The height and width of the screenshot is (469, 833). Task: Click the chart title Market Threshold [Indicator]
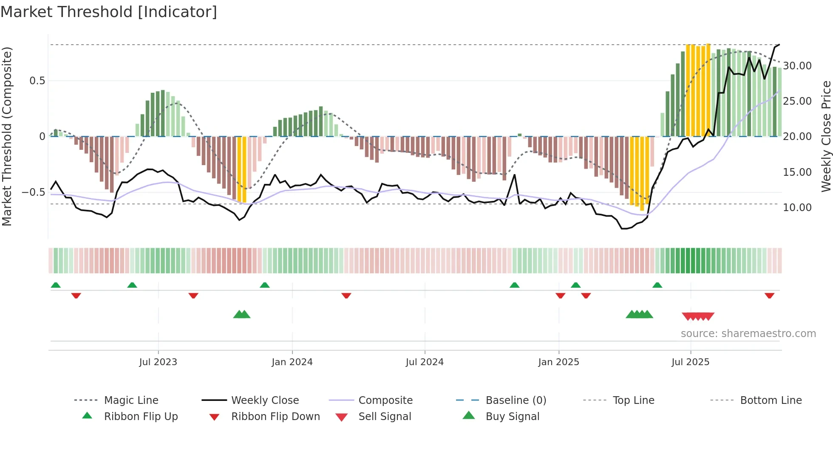coord(109,12)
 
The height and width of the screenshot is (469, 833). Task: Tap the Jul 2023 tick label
coord(158,362)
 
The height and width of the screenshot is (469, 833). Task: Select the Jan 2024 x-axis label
coord(292,362)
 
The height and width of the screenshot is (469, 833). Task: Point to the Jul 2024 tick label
coord(425,362)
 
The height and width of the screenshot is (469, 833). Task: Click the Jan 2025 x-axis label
coord(558,362)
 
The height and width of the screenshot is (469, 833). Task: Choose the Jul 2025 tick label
coord(691,362)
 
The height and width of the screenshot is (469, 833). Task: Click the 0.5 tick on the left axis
coord(37,81)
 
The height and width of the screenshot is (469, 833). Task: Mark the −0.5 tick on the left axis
coord(33,192)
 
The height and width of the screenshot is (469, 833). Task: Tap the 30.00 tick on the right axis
coord(797,66)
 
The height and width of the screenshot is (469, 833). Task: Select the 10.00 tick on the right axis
coord(797,208)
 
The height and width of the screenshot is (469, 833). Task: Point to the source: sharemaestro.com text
coord(748,334)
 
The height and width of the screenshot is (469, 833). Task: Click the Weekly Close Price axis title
coord(826,136)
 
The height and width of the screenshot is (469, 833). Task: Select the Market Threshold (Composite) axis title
coord(7,136)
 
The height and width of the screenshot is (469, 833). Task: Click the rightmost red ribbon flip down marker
coord(769,295)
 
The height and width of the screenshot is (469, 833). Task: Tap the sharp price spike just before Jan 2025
coord(514,175)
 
